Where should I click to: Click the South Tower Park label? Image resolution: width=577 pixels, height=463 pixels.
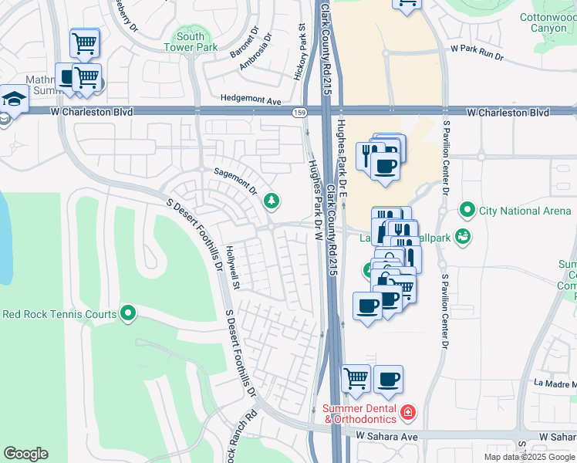pos(190,42)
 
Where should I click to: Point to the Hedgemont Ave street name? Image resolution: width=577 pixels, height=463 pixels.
pos(251,100)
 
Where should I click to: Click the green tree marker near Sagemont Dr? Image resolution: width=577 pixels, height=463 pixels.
pos(272,201)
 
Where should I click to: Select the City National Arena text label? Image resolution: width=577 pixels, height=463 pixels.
pos(525,210)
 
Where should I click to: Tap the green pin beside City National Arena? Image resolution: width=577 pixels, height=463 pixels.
pos(466,210)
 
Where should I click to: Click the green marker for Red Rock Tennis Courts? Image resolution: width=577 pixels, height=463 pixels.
pos(128,314)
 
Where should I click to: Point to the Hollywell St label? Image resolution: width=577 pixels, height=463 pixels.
pos(233,269)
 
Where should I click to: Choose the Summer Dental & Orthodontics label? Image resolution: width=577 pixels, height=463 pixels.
pos(359,414)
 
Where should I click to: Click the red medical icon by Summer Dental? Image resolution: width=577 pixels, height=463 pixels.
pos(408,414)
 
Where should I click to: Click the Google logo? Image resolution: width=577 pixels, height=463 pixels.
pos(25,454)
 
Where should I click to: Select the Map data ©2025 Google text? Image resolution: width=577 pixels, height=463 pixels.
pos(529,457)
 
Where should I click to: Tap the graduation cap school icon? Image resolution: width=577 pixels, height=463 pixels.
pos(14,99)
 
